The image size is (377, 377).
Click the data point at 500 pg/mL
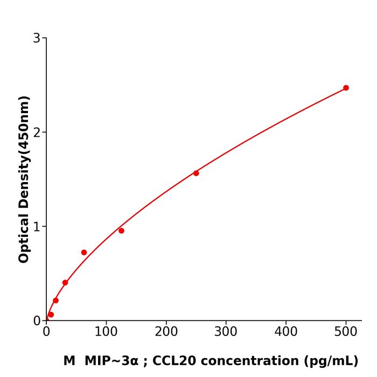[x=346, y=88]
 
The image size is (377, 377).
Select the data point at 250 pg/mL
[x=196, y=173]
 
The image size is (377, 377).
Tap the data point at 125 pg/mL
[x=121, y=231]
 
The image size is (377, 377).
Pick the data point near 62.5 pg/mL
[x=84, y=252]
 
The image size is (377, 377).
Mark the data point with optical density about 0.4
[x=65, y=282]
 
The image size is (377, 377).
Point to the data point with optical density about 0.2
[x=55, y=300]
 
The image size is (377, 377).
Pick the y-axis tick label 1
[x=37, y=227]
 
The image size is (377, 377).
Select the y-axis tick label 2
[x=37, y=132]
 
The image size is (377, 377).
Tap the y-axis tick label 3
[x=37, y=38]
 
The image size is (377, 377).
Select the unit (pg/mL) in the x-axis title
[x=331, y=361]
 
